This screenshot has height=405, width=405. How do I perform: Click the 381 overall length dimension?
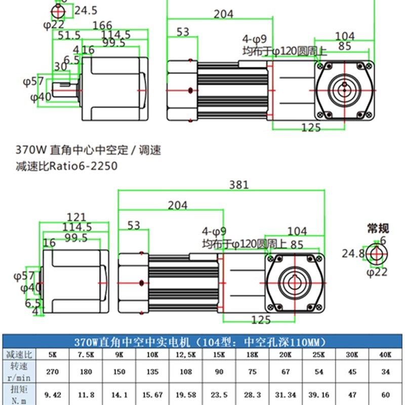pos(238,185)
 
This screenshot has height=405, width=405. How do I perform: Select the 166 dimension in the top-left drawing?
pos(102,25)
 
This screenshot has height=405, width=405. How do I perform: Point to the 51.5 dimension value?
pos(69,35)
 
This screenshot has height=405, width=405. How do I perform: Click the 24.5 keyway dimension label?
pos(86,10)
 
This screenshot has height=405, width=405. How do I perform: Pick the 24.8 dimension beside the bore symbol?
pos(353,253)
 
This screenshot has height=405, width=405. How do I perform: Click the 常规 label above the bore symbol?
pos(378,228)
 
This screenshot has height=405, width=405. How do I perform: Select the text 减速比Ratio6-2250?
pos(66,166)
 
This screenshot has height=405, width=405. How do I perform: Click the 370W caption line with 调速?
pos(88,150)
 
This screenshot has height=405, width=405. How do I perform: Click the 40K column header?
pos(386,354)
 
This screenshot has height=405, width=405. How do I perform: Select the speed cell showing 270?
pos(53,372)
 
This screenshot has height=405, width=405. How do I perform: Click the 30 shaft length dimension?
pos(60,66)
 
